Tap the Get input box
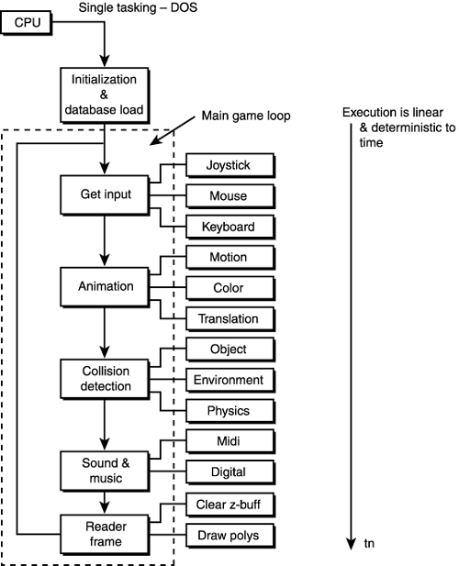point(104,194)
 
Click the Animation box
point(104,286)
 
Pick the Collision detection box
point(104,378)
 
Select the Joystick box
point(229,165)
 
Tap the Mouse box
point(229,195)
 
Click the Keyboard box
point(229,226)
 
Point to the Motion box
point(229,257)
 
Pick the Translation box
point(229,318)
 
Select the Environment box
point(229,379)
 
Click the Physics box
point(229,409)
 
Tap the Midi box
point(229,441)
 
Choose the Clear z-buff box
point(229,503)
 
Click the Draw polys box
point(229,533)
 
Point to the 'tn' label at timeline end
point(371,544)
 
